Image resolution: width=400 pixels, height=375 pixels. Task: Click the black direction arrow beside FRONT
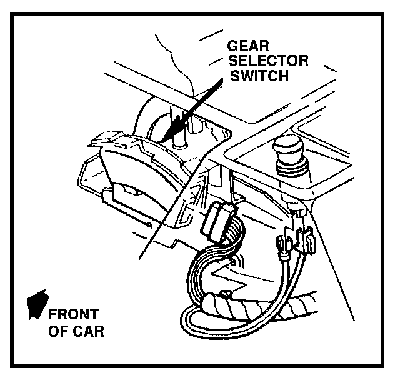(x=37, y=302)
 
